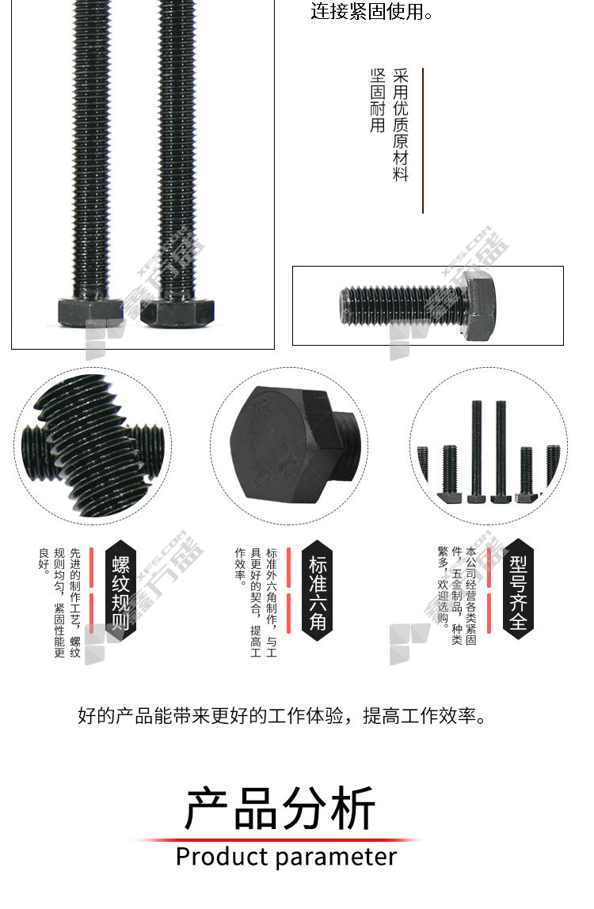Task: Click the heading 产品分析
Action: (280, 808)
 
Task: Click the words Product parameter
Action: (286, 857)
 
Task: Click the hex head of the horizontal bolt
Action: (480, 306)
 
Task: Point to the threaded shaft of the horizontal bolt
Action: (402, 305)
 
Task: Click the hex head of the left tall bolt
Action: (90, 312)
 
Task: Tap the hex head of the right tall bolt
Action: (177, 312)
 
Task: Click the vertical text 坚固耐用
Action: (378, 100)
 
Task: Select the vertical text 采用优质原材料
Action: (401, 125)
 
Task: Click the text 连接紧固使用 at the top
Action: (371, 11)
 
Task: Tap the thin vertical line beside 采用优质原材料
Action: (423, 140)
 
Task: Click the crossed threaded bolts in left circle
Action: (93, 445)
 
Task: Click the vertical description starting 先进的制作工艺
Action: (59, 603)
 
